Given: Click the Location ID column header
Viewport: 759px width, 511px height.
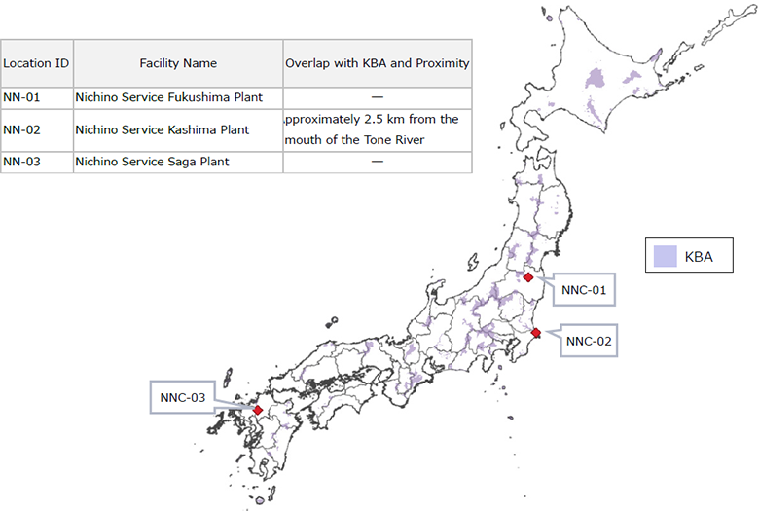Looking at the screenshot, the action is (36, 63).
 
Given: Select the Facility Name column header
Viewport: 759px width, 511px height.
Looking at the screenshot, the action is (178, 63).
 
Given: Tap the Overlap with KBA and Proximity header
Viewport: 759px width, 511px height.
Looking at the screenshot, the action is (378, 63).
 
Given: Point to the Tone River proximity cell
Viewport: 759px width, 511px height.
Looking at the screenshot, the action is (378, 128).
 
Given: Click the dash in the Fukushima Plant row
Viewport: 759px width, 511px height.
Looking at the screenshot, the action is (378, 97).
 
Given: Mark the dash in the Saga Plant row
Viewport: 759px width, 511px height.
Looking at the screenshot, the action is (378, 162).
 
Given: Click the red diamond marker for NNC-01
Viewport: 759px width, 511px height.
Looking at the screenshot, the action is (527, 277).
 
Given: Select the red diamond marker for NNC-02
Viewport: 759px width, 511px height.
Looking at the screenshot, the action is (536, 333).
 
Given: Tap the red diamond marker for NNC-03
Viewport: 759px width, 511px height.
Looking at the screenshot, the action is (258, 410).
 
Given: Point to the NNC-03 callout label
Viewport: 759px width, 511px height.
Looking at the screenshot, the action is (183, 397).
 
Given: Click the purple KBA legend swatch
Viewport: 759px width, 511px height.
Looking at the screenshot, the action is (666, 257).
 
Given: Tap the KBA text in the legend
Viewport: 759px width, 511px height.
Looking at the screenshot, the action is (700, 257).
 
